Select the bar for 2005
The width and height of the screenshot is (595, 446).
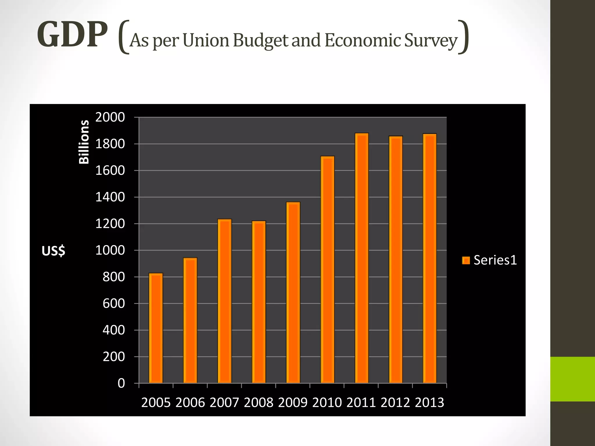tap(156, 328)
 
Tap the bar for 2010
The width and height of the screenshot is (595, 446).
tap(327, 270)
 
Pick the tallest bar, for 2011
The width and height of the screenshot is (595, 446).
tap(362, 258)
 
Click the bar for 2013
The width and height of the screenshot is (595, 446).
tap(430, 258)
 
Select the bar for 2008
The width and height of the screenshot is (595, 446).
tap(259, 302)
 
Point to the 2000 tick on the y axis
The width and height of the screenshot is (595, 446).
tap(110, 117)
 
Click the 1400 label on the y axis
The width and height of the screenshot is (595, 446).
tap(110, 197)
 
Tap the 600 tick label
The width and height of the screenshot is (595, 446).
tap(114, 303)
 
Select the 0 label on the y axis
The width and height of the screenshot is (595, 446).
tap(121, 383)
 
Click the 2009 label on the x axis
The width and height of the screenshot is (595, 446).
tap(293, 403)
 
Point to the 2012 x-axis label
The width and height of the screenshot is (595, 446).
tap(395, 403)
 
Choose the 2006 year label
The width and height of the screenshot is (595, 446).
tap(190, 403)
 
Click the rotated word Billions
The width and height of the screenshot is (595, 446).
tap(84, 142)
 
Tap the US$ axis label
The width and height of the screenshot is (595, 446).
tap(53, 251)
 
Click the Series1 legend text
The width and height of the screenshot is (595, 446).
tap(495, 260)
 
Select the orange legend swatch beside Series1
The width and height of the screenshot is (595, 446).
tap(466, 260)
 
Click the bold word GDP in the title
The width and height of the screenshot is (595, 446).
tap(72, 35)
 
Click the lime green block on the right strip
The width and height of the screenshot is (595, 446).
tap(572, 379)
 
